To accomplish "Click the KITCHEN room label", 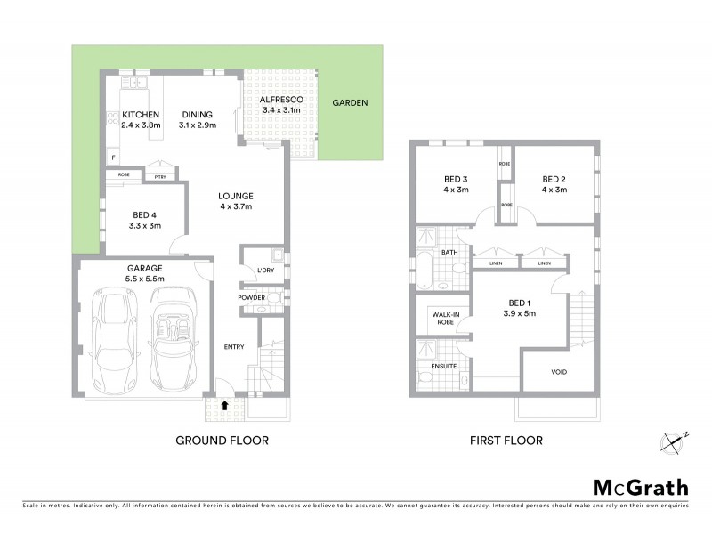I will (140, 115).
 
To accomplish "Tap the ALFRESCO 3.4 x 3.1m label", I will (281, 105).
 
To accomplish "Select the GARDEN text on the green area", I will (350, 103).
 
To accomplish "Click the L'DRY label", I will (264, 270).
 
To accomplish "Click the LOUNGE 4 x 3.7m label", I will (237, 201).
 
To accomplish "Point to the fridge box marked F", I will (113, 158).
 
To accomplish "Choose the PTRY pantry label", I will (160, 175).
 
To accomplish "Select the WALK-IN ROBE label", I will (444, 319).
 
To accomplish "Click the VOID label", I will (559, 371).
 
